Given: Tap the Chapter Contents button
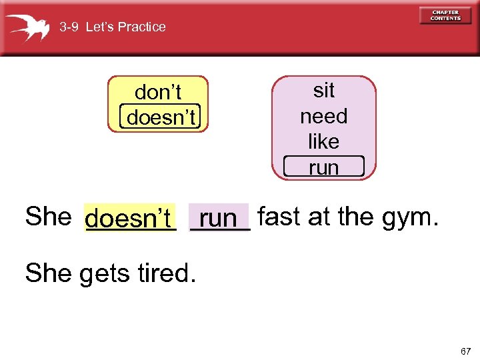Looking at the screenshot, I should pos(445,15).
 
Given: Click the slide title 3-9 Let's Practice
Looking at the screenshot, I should pos(113,27).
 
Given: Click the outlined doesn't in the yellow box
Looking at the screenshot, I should pos(161,117).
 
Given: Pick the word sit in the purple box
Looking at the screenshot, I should pos(324,90).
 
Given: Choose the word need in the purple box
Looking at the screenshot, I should pos(324,116).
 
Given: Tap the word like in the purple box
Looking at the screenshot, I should pos(324,141).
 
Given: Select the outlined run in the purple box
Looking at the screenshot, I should pos(324,167).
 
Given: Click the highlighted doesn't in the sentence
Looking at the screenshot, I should pos(129,218).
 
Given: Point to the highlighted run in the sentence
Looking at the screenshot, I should pos(219,218).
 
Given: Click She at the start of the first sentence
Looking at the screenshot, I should pos(47,217).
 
